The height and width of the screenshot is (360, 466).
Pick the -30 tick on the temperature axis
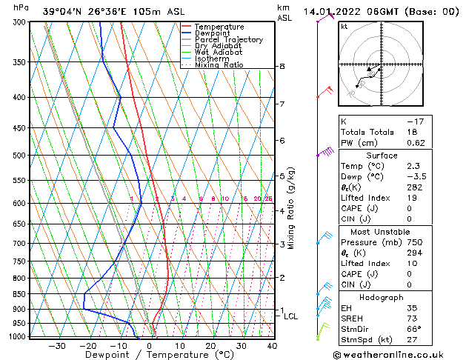coord(57,346)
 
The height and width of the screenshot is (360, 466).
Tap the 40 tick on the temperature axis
coord(272,346)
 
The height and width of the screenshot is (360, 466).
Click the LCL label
coord(291,316)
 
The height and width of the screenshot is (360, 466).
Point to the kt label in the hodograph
coord(344,26)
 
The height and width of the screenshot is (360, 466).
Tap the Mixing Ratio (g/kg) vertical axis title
coord(291,208)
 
